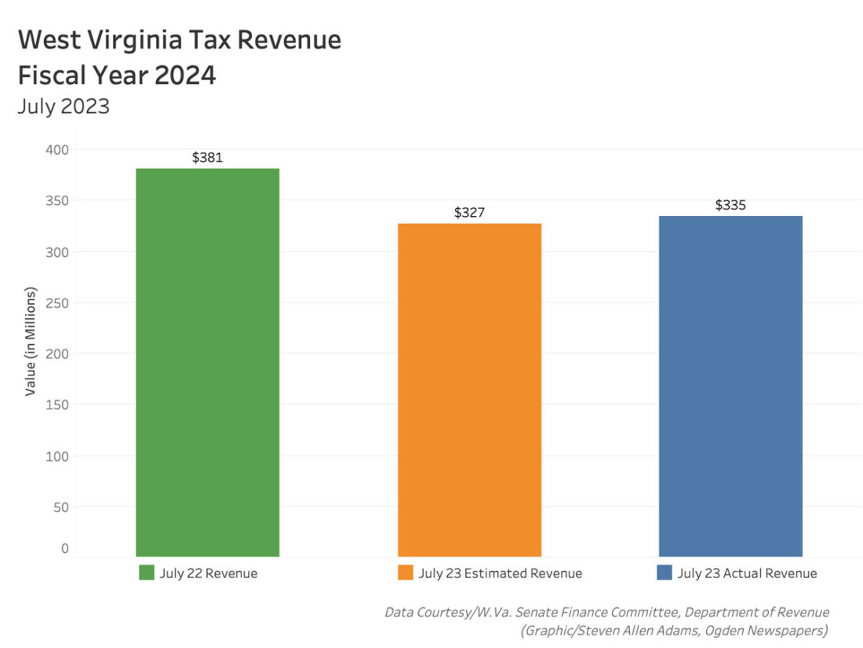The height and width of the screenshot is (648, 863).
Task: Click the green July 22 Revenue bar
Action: (207, 361)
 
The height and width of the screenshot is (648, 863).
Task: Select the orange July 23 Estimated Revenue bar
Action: (469, 390)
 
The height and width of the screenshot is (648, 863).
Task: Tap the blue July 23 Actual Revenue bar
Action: (730, 386)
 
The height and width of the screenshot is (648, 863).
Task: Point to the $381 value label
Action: (207, 157)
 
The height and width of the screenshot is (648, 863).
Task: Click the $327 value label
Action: (469, 213)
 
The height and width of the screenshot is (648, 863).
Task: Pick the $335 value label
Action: (730, 205)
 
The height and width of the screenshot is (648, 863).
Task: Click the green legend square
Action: (147, 573)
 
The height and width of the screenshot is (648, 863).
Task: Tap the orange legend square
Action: (406, 573)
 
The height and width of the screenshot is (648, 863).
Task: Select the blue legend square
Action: (664, 573)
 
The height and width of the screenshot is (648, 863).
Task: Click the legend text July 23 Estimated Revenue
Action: (501, 573)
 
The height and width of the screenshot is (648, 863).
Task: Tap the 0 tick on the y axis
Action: (65, 548)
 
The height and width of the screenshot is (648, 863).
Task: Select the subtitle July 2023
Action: (64, 106)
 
